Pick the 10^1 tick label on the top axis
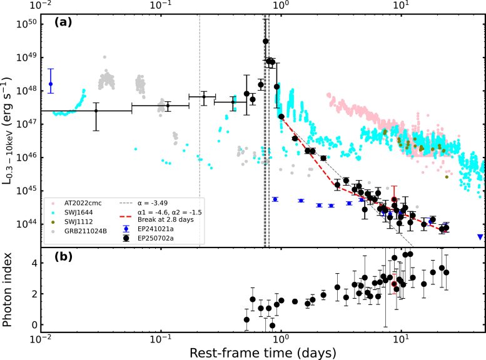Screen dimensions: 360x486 (402, 5)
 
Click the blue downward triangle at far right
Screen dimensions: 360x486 (479, 237)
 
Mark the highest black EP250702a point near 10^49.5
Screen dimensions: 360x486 (266, 41)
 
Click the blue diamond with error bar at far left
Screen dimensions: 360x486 (51, 84)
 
